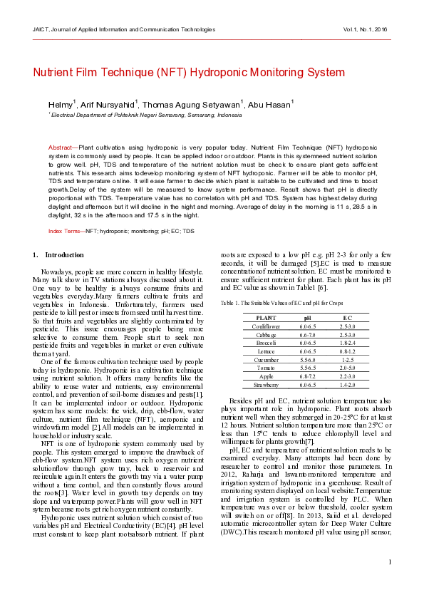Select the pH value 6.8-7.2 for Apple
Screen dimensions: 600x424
tap(307, 376)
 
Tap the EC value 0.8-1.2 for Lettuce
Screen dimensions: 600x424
tap(347, 351)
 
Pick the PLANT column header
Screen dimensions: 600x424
tap(266, 318)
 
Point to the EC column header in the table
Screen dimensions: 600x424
tap(347, 318)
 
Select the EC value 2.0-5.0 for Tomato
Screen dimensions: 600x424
tap(347, 368)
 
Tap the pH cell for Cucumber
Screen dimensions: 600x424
tap(307, 359)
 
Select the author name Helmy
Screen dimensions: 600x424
tap(60, 105)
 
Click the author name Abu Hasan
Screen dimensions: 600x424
tap(270, 105)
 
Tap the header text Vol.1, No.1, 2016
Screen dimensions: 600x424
tap(365, 30)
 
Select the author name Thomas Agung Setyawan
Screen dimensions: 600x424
tap(192, 105)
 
